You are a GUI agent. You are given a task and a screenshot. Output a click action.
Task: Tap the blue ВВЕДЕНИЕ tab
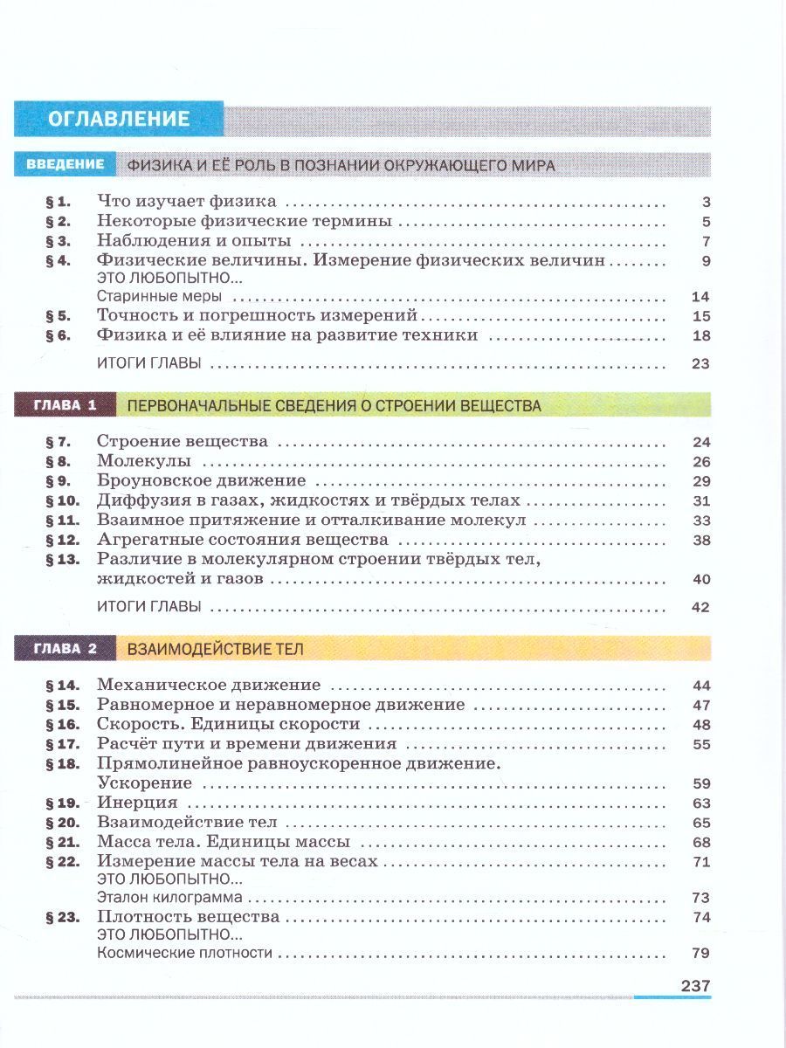(x=65, y=164)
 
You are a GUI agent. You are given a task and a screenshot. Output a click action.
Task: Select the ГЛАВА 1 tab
(x=65, y=405)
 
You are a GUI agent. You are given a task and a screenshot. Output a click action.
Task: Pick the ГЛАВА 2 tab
(x=65, y=649)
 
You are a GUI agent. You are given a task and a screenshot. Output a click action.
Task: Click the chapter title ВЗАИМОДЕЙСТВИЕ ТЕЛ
(x=216, y=649)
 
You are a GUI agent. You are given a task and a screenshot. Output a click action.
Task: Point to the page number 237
(x=695, y=985)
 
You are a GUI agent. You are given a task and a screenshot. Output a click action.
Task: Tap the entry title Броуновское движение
(x=201, y=481)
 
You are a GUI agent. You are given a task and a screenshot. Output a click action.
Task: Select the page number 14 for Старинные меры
(x=700, y=297)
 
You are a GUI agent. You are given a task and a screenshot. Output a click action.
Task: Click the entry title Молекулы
(x=144, y=461)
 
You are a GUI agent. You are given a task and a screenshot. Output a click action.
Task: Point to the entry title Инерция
(x=137, y=803)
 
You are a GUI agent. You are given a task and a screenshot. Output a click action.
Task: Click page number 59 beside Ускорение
(x=700, y=783)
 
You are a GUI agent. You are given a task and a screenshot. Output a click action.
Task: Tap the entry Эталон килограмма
(x=169, y=898)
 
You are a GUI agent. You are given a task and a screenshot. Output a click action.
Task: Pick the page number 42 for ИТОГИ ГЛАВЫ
(x=700, y=607)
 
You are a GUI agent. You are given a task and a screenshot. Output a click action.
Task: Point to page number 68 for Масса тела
(x=700, y=843)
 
